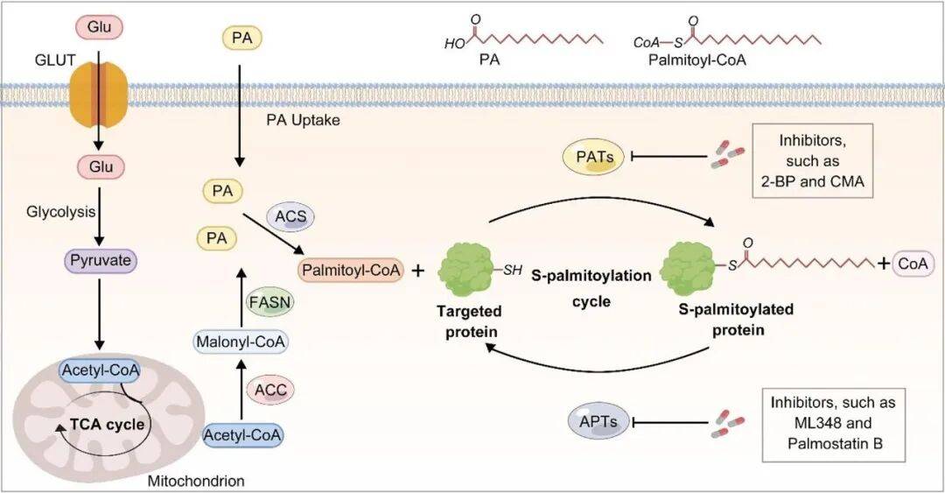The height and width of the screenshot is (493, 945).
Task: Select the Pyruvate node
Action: pyautogui.click(x=98, y=261)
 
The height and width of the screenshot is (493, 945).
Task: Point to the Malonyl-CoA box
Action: pyautogui.click(x=241, y=342)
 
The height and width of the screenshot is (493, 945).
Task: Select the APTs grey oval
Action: pyautogui.click(x=598, y=423)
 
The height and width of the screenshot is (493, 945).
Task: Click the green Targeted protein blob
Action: pyautogui.click(x=467, y=275)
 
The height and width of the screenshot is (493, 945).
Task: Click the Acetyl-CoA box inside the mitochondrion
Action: pyautogui.click(x=95, y=371)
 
